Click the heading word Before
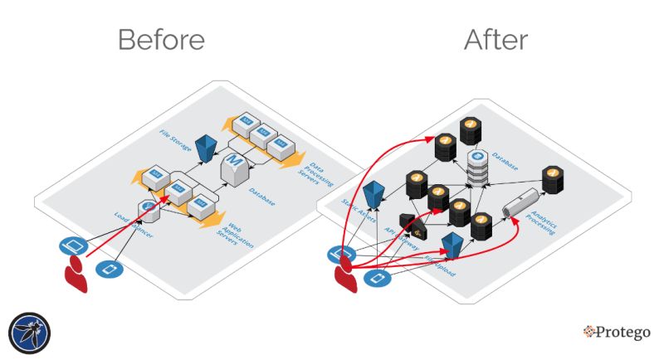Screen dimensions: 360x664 [161, 39]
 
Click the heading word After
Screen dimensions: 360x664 [496, 39]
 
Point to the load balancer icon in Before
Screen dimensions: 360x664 [149, 207]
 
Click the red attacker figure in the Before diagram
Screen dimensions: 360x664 [76, 273]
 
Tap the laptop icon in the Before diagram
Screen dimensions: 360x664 [73, 245]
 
